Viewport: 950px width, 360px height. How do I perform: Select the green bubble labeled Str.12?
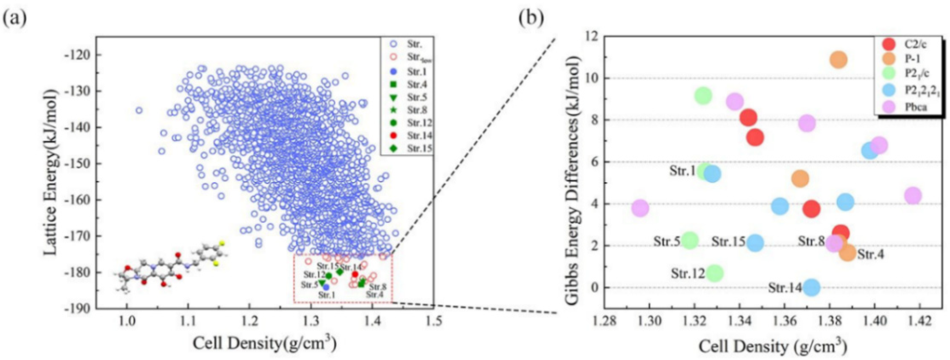pyautogui.click(x=714, y=273)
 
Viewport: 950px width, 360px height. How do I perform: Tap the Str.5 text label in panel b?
pyautogui.click(x=667, y=242)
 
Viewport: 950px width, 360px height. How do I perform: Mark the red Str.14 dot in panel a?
pyautogui.click(x=355, y=274)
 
